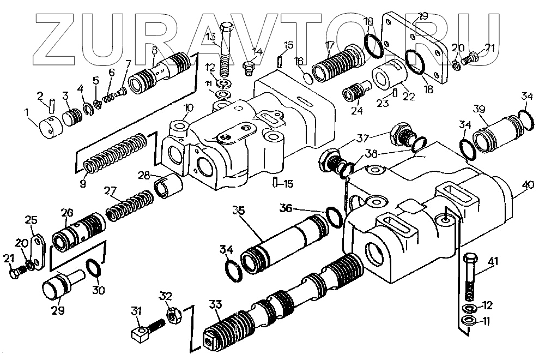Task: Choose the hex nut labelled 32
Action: [x=175, y=315]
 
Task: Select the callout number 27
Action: [x=111, y=191]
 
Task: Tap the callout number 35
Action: [x=238, y=210]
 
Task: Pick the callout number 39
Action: [x=479, y=110]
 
